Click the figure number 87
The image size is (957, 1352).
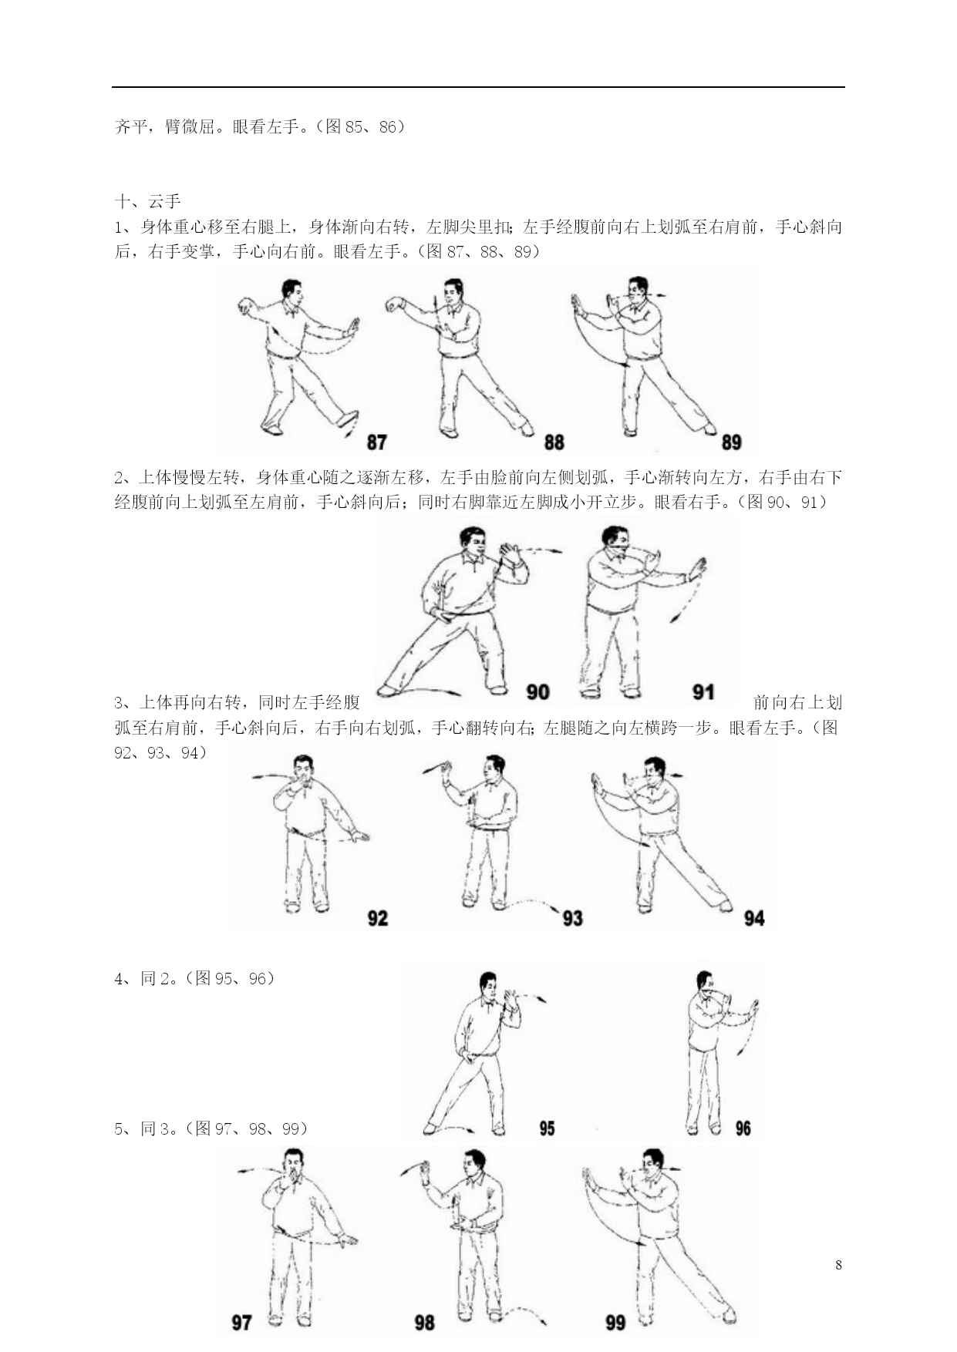click(x=376, y=442)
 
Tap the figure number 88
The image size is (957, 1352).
click(x=554, y=442)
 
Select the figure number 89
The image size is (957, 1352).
click(x=731, y=442)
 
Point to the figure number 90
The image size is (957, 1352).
click(x=537, y=691)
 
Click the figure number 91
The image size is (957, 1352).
click(x=703, y=691)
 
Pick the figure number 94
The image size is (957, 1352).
click(x=753, y=918)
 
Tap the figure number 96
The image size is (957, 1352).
click(x=743, y=1128)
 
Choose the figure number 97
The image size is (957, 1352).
click(x=241, y=1323)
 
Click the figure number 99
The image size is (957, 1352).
click(x=615, y=1323)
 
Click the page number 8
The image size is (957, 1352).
click(x=838, y=1265)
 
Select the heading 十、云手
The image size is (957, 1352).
click(x=147, y=202)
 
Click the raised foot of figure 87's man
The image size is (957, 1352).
click(x=347, y=419)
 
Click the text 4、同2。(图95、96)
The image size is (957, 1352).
click(x=194, y=978)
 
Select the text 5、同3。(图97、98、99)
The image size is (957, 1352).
click(x=211, y=1128)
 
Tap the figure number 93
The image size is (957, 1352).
click(x=572, y=918)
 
